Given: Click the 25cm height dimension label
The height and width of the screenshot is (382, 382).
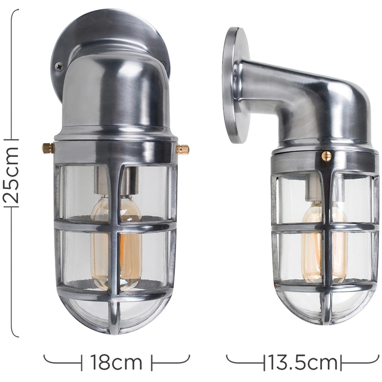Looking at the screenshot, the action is click(12, 175).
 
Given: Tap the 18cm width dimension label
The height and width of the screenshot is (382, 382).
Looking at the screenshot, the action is click(117, 357).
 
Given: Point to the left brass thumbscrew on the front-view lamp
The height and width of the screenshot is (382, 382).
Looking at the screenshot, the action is click(48, 147).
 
